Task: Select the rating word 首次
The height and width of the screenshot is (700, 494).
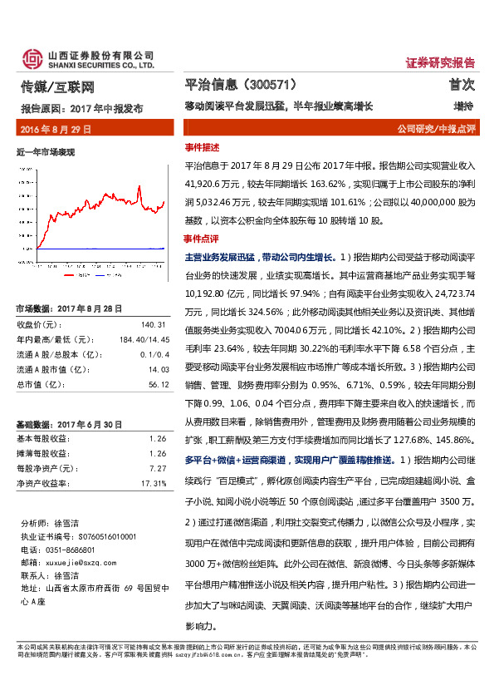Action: (462, 85)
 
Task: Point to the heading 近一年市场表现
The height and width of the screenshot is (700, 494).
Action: (46, 151)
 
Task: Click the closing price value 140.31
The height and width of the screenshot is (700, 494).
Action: (154, 324)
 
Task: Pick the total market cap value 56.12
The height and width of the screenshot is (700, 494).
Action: (158, 385)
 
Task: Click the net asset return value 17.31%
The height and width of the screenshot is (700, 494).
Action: (154, 482)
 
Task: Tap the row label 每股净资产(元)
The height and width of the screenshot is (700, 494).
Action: (46, 468)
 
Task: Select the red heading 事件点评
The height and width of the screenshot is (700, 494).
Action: (201, 238)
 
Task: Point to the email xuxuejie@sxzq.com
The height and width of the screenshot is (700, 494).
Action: (76, 563)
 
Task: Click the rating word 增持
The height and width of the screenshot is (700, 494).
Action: (463, 107)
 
